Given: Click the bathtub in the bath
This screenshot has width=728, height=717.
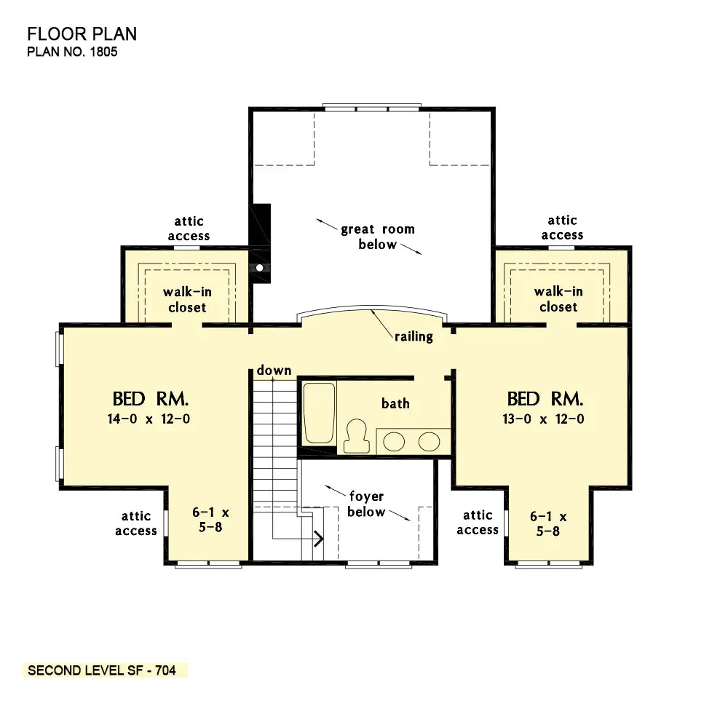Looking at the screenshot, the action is coord(319,413).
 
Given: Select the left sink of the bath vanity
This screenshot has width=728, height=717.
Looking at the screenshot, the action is coord(394,442).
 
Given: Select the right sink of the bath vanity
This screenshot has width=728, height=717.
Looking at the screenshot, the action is coord(429,442).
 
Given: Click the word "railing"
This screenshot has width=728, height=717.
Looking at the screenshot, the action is coord(414,336).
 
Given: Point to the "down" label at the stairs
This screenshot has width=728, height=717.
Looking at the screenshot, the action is coord(274,370).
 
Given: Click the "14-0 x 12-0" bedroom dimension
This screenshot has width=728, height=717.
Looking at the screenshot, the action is coord(149,419).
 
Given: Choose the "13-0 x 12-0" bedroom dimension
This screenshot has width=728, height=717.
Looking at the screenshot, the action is coord(543,419).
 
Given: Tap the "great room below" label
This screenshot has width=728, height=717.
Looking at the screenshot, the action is coord(377,237).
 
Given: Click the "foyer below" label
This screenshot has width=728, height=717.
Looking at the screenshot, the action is coord(366,504).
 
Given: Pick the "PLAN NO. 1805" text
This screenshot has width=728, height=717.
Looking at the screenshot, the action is coord(72,52).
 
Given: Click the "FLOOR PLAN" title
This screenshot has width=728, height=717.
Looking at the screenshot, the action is coord(82,34).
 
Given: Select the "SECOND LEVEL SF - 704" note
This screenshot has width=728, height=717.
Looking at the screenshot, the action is coord(102,670).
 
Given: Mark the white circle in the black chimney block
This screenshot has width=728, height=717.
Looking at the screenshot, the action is coord(260,267).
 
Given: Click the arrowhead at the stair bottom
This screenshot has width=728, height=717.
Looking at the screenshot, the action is coord(319,539).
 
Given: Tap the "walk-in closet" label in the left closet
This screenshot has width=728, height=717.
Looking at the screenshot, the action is coord(187,299).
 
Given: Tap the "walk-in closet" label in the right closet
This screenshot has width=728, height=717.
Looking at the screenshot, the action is coord(558,299).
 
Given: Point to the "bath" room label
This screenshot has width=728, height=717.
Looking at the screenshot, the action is coord(395,403).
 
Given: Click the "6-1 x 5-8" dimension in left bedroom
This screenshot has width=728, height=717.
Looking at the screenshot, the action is coord(211,520).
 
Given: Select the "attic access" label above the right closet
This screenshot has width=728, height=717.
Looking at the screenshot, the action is coord(562,228).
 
